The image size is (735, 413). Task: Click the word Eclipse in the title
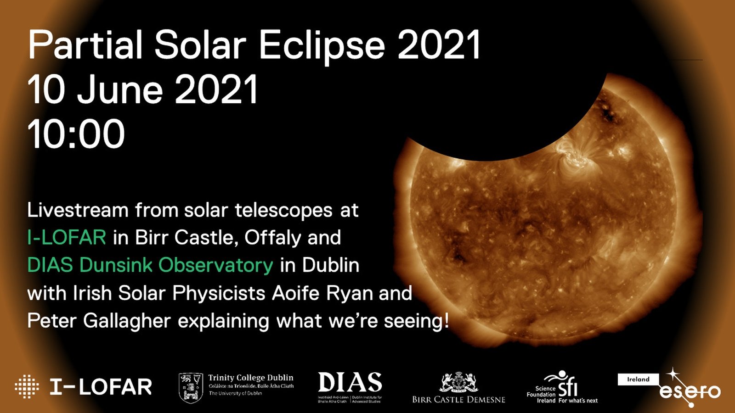(322, 46)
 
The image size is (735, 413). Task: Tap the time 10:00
(76, 134)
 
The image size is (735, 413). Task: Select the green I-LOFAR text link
(67, 238)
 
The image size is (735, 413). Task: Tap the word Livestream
(78, 210)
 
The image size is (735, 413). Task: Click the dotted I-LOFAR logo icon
(27, 386)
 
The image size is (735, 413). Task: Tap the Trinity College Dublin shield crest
(190, 388)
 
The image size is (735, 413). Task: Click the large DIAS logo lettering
(350, 382)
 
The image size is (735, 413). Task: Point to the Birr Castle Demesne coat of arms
(458, 382)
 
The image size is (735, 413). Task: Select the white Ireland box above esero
(638, 380)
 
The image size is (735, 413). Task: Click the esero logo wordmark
(690, 391)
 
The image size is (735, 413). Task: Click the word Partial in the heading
(85, 46)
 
